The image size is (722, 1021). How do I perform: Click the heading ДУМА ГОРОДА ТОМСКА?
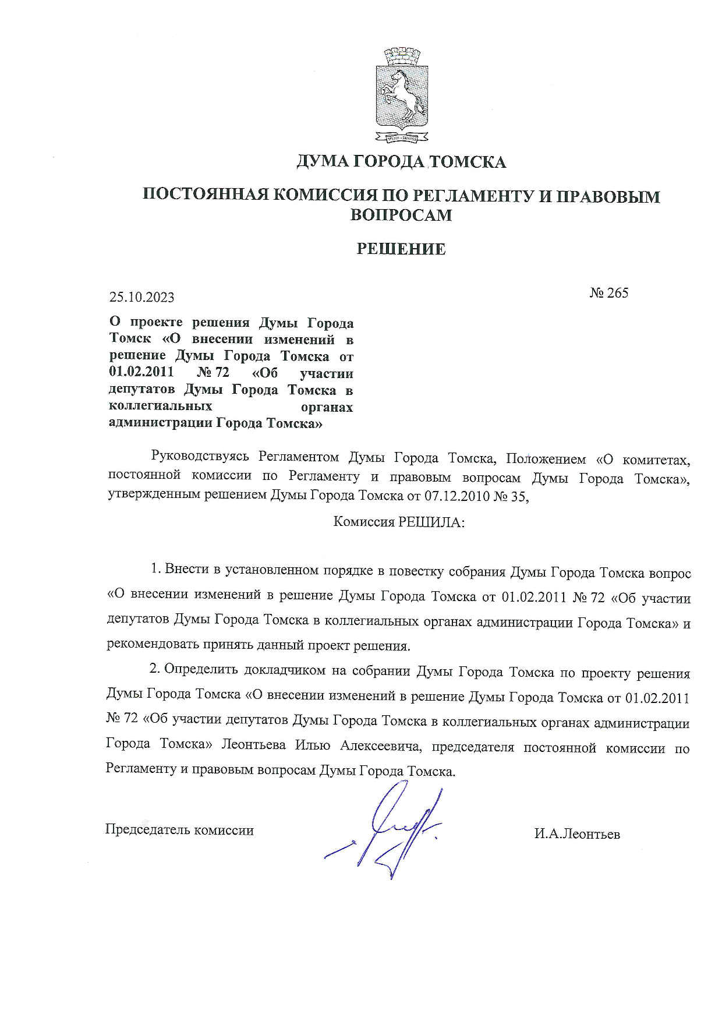click(401, 161)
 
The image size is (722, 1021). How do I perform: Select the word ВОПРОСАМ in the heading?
click(401, 215)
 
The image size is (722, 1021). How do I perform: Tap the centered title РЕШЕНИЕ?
click(401, 249)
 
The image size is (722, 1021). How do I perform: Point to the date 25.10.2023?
click(141, 297)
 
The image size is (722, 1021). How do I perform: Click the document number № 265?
click(609, 292)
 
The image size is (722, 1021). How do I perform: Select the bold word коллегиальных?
click(160, 407)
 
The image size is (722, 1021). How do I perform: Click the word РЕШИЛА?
click(431, 522)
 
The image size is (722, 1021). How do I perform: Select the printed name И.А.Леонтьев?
click(577, 835)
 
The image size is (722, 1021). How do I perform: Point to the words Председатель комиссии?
click(179, 830)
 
